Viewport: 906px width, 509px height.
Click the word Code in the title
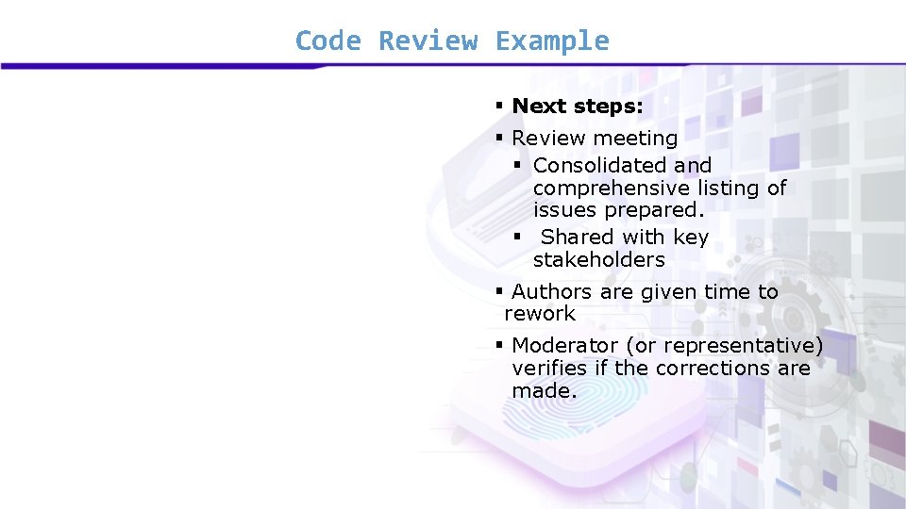pyautogui.click(x=327, y=41)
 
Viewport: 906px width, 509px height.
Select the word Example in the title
pyautogui.click(x=552, y=41)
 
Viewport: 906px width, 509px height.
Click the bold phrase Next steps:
pyautogui.click(x=577, y=107)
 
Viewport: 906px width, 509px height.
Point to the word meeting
pyautogui.click(x=635, y=139)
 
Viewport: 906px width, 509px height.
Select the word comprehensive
pyautogui.click(x=611, y=189)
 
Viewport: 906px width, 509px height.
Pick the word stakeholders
pyautogui.click(x=598, y=260)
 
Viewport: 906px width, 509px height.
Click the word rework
pyautogui.click(x=540, y=314)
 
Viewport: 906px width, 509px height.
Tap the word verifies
pyautogui.click(x=549, y=369)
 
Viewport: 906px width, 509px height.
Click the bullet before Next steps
pyautogui.click(x=499, y=107)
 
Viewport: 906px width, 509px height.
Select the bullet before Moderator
pyautogui.click(x=499, y=346)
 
